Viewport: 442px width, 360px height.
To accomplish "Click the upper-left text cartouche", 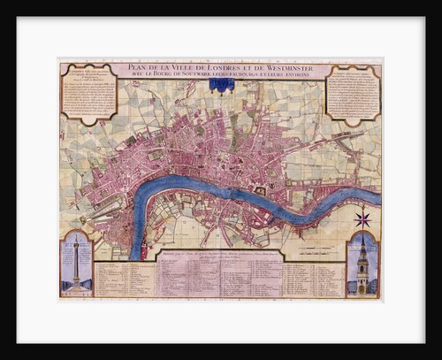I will coord(88,92).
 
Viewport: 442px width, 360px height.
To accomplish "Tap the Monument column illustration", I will coord(76,262).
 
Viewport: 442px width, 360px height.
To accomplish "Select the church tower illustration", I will coord(362,265).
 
